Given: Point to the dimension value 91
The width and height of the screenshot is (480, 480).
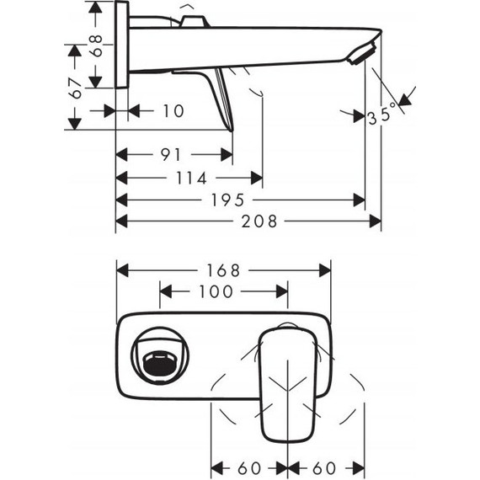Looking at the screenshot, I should pyautogui.click(x=172, y=155).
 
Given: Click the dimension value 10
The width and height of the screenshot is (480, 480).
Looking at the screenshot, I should pyautogui.click(x=173, y=111).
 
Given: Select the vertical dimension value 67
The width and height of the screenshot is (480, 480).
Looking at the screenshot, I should pyautogui.click(x=76, y=88).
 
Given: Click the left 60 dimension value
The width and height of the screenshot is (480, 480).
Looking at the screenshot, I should pyautogui.click(x=249, y=466).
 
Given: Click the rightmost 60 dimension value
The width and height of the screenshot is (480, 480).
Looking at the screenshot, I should pyautogui.click(x=327, y=466).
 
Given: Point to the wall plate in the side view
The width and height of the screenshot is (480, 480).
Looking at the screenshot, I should pyautogui.click(x=122, y=45).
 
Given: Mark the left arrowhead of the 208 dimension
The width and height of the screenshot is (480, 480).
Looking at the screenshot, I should pyautogui.click(x=120, y=221).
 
